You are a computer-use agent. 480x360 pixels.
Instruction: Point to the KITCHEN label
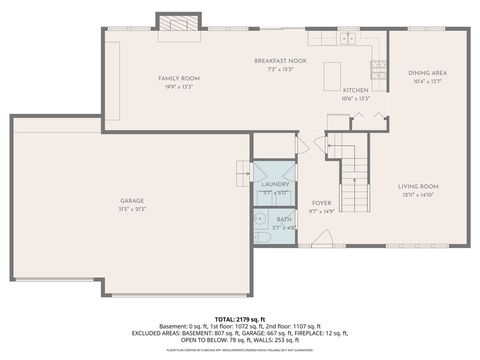355,90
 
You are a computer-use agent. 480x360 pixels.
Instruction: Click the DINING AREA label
426,73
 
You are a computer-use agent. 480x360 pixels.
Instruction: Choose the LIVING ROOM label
419,186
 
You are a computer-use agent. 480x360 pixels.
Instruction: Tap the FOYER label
320,202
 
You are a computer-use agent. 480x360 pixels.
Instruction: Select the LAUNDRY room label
274,185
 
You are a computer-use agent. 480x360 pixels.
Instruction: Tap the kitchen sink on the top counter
347,40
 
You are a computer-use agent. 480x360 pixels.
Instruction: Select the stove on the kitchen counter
379,69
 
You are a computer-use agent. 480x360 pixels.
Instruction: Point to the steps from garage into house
243,173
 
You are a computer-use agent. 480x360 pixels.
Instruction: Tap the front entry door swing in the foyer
320,240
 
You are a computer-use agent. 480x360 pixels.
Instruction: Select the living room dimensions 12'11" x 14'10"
419,195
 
